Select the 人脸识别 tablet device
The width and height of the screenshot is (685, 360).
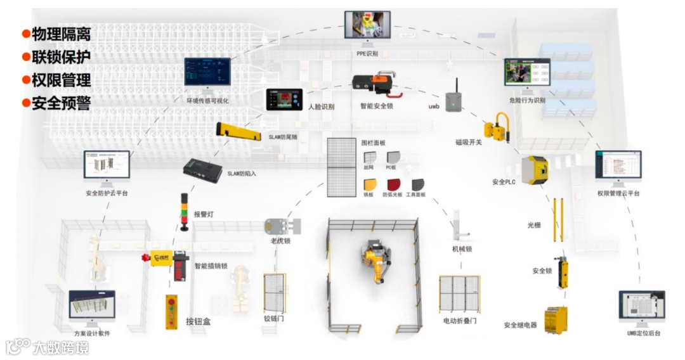click(x=284, y=100)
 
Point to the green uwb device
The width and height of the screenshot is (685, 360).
click(x=452, y=101)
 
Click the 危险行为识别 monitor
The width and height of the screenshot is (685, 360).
click(x=527, y=72)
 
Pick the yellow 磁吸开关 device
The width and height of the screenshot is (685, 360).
click(x=497, y=126)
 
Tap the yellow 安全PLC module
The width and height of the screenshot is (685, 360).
click(x=535, y=170)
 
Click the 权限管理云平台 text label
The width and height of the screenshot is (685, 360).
click(x=618, y=193)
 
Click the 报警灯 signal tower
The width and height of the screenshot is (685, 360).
click(x=185, y=212)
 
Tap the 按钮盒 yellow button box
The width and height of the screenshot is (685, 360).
click(x=171, y=311)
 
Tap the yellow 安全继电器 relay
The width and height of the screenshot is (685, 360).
click(x=556, y=320)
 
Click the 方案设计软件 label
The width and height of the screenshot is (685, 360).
click(x=92, y=333)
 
